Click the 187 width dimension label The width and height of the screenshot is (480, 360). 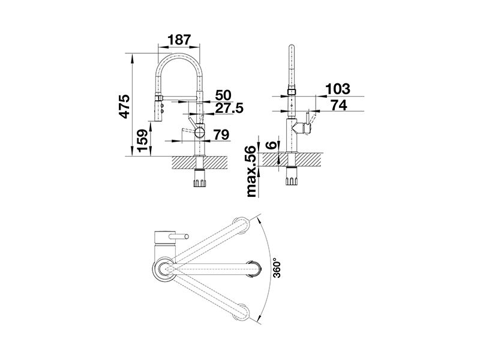click(x=179, y=40)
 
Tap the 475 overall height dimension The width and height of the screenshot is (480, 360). click(x=125, y=106)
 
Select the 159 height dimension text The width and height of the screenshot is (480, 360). click(x=143, y=141)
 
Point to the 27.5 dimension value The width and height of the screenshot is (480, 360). click(x=229, y=108)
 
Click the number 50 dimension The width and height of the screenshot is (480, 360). click(x=223, y=95)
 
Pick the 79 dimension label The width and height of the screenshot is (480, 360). click(x=221, y=134)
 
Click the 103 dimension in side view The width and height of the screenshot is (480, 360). click(x=337, y=89)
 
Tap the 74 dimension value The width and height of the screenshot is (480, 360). click(x=339, y=105)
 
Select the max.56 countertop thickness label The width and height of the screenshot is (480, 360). click(x=250, y=172)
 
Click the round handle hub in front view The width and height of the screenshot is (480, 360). click(x=199, y=133)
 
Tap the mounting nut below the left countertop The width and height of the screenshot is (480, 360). click(x=200, y=181)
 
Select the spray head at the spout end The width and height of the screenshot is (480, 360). click(x=159, y=109)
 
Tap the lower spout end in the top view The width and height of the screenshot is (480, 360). click(x=242, y=311)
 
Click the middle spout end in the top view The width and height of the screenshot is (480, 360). click(x=254, y=269)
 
